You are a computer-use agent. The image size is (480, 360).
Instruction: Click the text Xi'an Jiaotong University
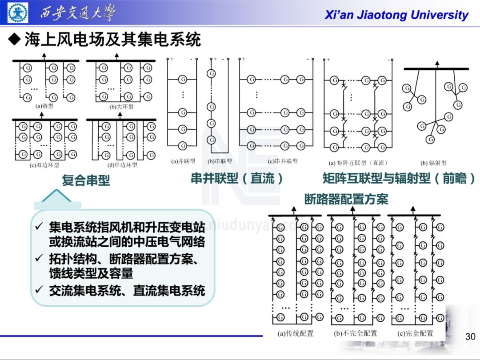tap(396, 15)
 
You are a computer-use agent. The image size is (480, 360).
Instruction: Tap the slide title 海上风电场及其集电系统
tap(112, 40)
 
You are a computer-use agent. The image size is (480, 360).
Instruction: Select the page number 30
tap(470, 337)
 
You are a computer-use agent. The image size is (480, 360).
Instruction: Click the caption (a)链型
tap(44, 106)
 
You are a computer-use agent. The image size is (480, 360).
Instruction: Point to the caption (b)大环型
tap(121, 107)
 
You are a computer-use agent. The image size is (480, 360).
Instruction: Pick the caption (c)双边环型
tap(44, 165)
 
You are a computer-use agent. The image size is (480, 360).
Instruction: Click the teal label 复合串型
tap(85, 180)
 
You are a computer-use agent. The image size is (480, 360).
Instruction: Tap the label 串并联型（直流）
tap(237, 179)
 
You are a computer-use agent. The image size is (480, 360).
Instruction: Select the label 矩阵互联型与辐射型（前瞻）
tap(399, 179)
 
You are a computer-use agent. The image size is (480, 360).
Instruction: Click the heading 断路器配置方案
tap(346, 199)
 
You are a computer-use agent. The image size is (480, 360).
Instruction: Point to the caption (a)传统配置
tap(296, 333)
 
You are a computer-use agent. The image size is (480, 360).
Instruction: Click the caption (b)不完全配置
tap(356, 333)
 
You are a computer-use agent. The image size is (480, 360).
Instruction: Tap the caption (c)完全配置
tap(415, 333)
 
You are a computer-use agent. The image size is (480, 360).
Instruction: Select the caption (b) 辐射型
tap(433, 163)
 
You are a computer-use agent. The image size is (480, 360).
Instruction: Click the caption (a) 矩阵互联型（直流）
tap(358, 163)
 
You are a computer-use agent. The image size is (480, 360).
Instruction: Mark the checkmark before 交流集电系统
tap(39, 291)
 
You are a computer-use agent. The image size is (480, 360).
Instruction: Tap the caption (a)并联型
tap(183, 161)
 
